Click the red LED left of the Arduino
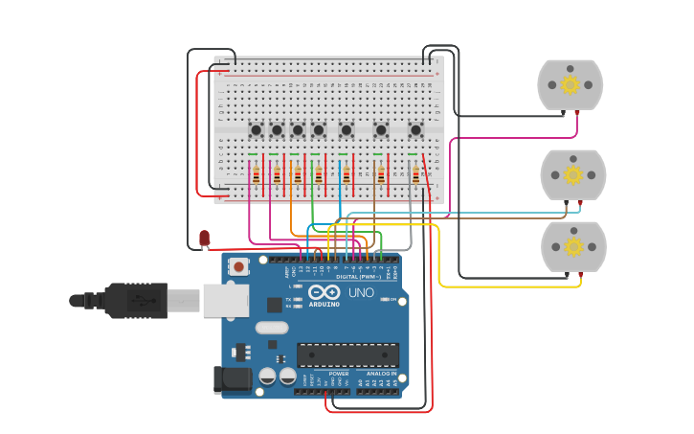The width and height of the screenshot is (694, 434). coord(204,237)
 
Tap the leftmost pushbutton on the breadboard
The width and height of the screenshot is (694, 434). coord(256,129)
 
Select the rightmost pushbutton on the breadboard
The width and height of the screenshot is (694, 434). coord(415,129)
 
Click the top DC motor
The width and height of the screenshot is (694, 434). coord(570,85)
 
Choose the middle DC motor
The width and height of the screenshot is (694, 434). coord(572,174)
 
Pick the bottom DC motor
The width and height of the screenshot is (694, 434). coord(572,247)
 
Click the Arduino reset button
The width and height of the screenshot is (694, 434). coord(238,265)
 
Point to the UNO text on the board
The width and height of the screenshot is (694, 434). coord(361,292)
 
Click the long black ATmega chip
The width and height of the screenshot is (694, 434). coord(347,354)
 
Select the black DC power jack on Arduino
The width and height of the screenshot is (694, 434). coord(232,379)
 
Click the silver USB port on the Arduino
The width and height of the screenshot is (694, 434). coord(225,300)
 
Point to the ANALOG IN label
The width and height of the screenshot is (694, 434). coord(380,374)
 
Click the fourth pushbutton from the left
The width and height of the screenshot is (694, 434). coord(319,129)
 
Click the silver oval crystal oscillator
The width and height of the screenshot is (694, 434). coord(272,328)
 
